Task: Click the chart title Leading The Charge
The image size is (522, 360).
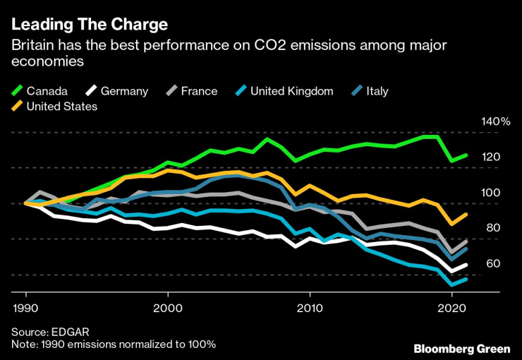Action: point(89,25)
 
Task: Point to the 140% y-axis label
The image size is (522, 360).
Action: point(495,121)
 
